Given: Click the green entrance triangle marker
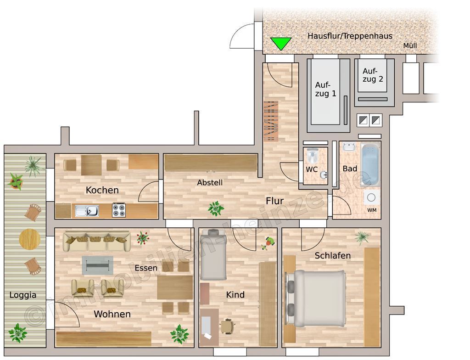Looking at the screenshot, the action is [x=280, y=43].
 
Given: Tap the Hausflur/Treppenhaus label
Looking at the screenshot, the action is [x=350, y=36].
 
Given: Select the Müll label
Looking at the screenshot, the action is [x=410, y=45].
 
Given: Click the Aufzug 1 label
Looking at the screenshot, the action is [x=325, y=89].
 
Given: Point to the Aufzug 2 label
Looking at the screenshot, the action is [x=373, y=75].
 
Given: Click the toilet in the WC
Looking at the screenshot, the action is [x=312, y=156].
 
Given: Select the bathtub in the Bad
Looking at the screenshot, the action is [x=370, y=164].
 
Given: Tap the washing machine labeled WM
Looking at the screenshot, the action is [x=371, y=198].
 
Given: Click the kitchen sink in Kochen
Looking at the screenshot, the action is [x=87, y=211].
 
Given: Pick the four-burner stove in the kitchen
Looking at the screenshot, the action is [x=119, y=210].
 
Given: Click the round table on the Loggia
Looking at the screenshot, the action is [x=30, y=239].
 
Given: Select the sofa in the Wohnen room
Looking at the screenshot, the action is [x=97, y=241].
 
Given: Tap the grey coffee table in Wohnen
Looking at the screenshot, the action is [x=97, y=265].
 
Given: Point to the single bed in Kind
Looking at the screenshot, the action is [x=213, y=254].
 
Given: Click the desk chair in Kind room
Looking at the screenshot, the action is [x=228, y=326].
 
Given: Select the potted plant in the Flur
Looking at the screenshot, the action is [x=216, y=208].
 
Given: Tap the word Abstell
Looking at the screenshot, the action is [x=210, y=182].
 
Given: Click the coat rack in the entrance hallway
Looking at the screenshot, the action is [x=271, y=121].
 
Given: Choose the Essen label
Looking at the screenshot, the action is [x=146, y=268].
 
